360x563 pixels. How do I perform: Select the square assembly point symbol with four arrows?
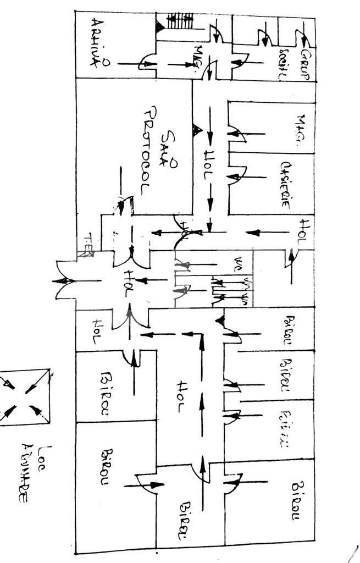pyautogui.click(x=24, y=397)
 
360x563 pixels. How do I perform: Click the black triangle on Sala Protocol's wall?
pyautogui.click(x=194, y=130)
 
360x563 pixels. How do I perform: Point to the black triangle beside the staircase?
pyautogui.click(x=159, y=25)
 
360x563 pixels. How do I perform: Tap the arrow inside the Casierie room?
pyautogui.click(x=250, y=177)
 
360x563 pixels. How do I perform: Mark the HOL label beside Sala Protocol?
pyautogui.click(x=208, y=165)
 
